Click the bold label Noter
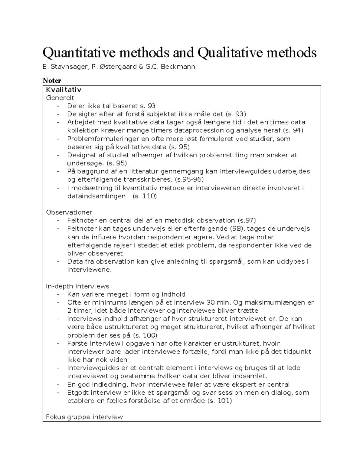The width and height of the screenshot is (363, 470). (x=52, y=81)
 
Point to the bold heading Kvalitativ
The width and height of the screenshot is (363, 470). (x=64, y=90)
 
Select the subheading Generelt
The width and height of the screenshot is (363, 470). (x=60, y=98)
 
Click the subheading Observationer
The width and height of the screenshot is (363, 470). (x=69, y=212)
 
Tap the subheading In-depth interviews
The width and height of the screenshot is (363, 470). (x=77, y=286)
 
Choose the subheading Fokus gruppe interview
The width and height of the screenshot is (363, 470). (x=84, y=417)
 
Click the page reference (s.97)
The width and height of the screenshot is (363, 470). (x=247, y=221)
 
